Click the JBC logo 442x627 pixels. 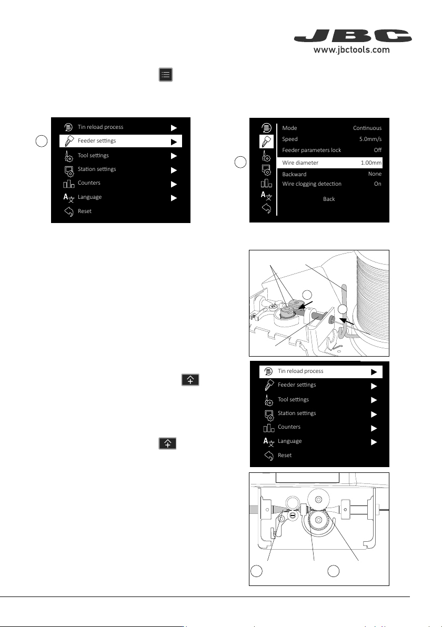(x=353, y=36)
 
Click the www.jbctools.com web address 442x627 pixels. (x=351, y=50)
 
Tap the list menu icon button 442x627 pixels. (x=166, y=75)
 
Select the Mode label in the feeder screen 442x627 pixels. (x=289, y=128)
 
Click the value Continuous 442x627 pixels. (x=367, y=128)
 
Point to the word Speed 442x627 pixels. (x=290, y=139)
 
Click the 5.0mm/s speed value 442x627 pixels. (x=370, y=139)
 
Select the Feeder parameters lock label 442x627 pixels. (x=312, y=150)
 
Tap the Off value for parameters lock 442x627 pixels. (x=378, y=150)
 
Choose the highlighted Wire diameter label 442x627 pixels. (x=300, y=163)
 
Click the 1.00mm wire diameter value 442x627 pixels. (x=371, y=163)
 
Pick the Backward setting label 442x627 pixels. (x=294, y=174)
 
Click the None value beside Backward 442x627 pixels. (x=375, y=174)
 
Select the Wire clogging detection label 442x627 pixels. (x=312, y=184)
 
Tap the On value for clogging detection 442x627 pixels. (x=378, y=184)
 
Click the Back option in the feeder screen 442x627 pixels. (x=329, y=199)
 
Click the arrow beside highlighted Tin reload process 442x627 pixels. (x=374, y=372)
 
